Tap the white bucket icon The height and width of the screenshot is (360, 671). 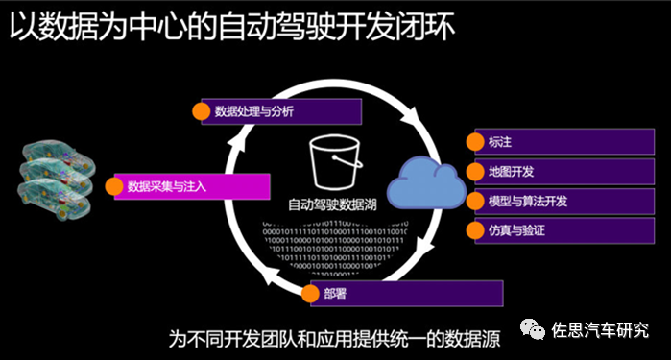[x=331, y=162]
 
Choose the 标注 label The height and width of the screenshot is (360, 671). [x=500, y=142]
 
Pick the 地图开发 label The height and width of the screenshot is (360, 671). [x=510, y=172]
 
